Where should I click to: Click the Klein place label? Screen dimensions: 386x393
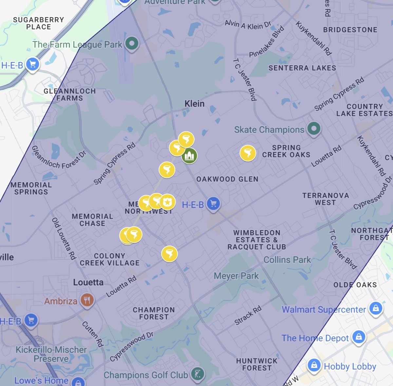click(x=194, y=104)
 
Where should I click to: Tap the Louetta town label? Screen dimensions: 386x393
click(x=88, y=282)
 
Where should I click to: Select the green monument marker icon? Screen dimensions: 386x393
click(x=189, y=156)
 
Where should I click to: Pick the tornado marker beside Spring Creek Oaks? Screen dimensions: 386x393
click(x=248, y=153)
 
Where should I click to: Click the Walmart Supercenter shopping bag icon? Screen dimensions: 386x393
click(x=376, y=309)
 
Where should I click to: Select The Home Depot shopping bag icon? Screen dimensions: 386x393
click(x=359, y=337)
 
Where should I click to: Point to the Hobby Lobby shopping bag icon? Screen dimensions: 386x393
click(x=314, y=365)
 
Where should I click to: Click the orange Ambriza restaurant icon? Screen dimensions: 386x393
click(x=87, y=300)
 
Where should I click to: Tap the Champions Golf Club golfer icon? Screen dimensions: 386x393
click(x=197, y=374)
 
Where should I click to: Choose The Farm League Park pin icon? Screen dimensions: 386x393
click(x=132, y=43)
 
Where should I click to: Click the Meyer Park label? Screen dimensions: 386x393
click(x=236, y=276)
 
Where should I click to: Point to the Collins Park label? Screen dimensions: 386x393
click(x=287, y=260)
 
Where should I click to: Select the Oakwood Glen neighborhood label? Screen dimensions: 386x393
click(x=227, y=179)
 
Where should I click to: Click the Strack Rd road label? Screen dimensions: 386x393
click(x=248, y=315)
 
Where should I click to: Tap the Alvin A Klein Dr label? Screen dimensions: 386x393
click(x=248, y=25)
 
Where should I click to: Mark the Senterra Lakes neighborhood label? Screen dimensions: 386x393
click(x=302, y=68)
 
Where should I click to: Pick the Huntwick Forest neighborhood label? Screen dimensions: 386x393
click(x=257, y=364)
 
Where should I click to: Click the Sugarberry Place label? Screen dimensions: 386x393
click(x=38, y=23)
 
